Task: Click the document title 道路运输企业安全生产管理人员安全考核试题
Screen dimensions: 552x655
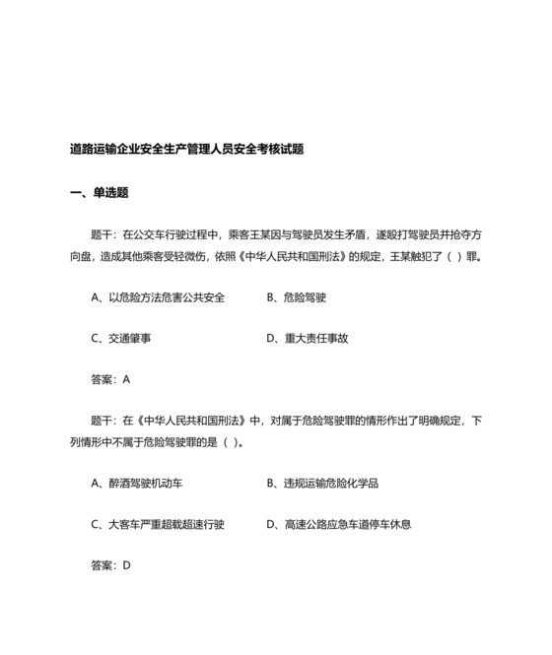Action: click(186, 150)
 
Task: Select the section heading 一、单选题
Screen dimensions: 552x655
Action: click(100, 193)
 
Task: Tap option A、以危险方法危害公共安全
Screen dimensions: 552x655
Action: click(158, 297)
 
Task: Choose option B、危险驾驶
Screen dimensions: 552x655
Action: click(297, 297)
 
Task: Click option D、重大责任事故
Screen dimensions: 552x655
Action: click(308, 338)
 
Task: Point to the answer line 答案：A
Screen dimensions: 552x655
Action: click(110, 379)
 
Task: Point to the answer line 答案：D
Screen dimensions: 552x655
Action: click(110, 566)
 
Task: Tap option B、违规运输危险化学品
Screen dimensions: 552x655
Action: click(323, 484)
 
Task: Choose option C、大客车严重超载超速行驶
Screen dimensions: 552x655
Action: click(158, 525)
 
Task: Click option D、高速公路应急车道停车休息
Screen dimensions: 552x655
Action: click(339, 525)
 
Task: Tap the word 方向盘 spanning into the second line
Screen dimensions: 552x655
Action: click(471, 235)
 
